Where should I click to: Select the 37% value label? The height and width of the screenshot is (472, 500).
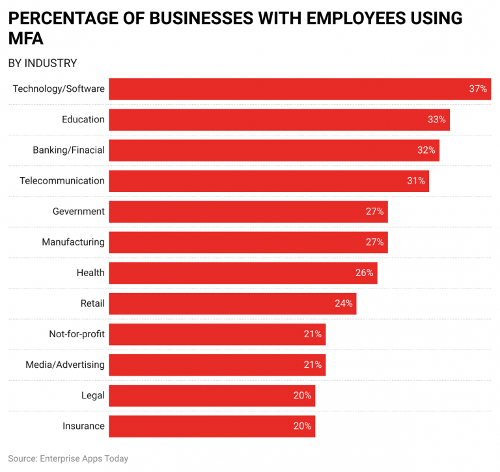point(478,89)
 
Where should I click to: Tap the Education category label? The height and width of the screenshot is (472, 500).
point(83,120)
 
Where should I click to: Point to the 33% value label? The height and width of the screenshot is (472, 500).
point(436,120)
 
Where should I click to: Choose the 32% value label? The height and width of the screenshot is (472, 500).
point(426,150)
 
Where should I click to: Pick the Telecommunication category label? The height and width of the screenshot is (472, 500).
point(62,181)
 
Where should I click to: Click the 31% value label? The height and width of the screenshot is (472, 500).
point(416,181)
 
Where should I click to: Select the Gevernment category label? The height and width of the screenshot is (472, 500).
point(79,212)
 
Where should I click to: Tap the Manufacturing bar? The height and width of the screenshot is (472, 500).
point(247,242)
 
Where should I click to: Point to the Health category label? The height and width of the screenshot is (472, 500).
point(90,273)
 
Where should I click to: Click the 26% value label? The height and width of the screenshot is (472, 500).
point(364,273)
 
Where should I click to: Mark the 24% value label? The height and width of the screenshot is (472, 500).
point(344,303)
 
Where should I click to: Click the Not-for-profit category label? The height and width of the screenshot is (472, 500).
point(77,334)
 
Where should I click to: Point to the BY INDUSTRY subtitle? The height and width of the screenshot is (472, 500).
point(42,63)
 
